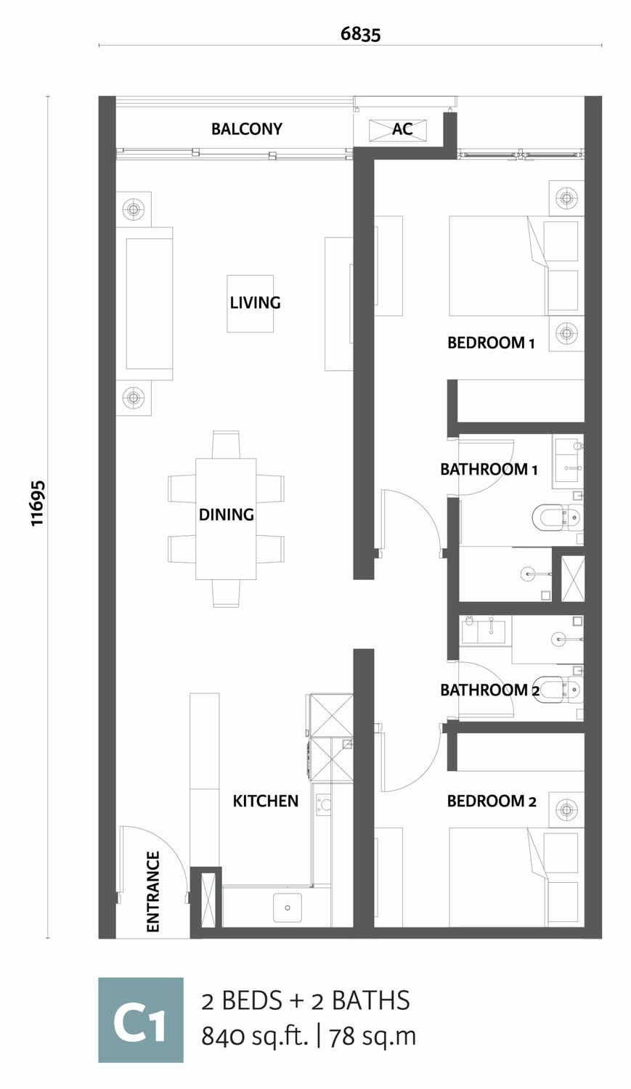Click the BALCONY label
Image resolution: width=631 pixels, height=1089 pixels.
[246, 129]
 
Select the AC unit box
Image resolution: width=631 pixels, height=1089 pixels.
[398, 129]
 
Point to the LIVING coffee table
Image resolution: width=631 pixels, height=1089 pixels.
[250, 304]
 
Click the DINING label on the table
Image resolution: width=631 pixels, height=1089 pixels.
[227, 514]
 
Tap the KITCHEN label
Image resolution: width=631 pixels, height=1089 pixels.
[266, 801]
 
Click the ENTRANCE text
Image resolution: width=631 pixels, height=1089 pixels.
[152, 891]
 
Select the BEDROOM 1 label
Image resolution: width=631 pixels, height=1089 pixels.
[491, 343]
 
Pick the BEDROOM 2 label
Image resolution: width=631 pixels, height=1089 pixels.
[492, 801]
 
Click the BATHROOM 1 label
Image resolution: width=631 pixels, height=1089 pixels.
[489, 469]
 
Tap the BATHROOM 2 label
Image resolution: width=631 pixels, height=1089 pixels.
[489, 690]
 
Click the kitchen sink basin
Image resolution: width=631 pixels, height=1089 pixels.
[288, 907]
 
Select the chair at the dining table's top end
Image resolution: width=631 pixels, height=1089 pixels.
[226, 444]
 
